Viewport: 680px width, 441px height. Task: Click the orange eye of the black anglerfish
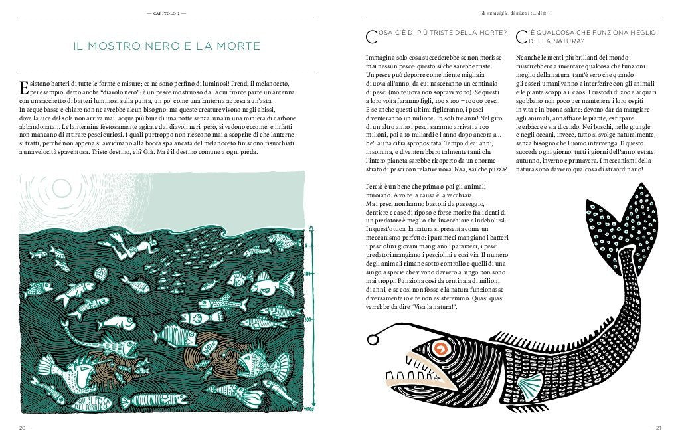coord(439,348)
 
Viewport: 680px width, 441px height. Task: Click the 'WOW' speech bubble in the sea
coord(209,347)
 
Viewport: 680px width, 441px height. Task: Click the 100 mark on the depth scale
coord(308,273)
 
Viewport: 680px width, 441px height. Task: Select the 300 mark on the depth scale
coord(308,320)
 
